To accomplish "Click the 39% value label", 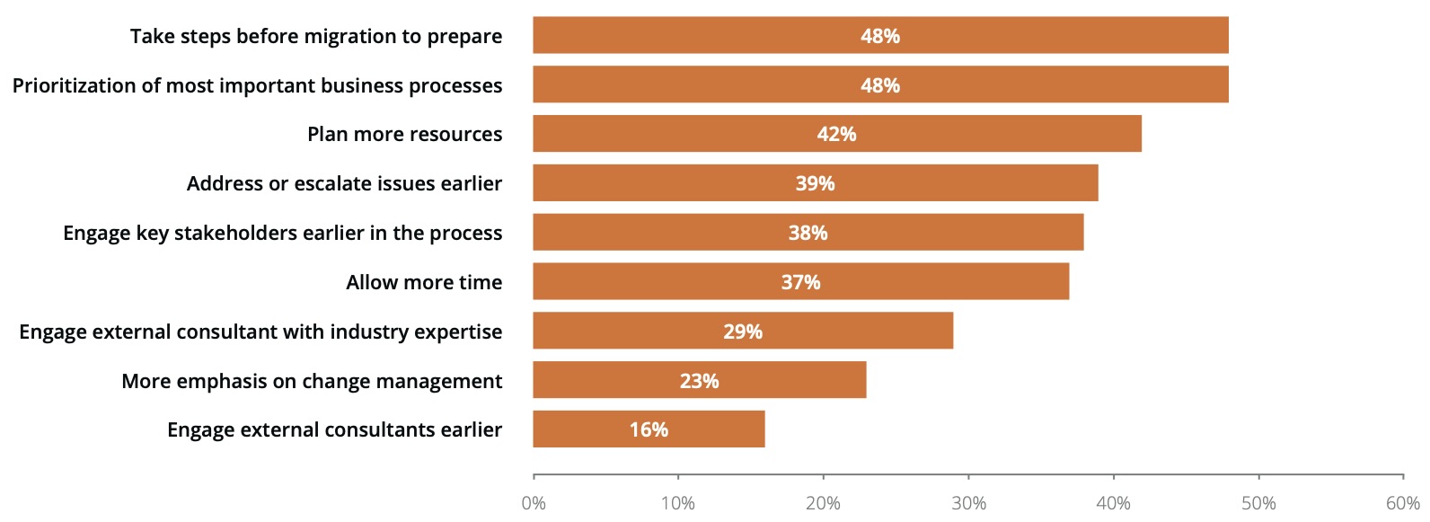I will (x=815, y=183).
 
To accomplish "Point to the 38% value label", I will (x=808, y=233).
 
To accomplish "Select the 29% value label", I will (x=743, y=332).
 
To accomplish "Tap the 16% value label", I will (x=649, y=429).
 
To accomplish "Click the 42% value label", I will (x=836, y=134).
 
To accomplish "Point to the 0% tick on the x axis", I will (x=534, y=503).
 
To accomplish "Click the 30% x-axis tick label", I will (x=968, y=503).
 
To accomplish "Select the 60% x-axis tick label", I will (x=1403, y=503).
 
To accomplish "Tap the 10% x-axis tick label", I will (x=678, y=503).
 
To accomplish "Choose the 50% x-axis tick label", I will (x=1258, y=503).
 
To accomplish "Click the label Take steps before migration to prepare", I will (x=316, y=36).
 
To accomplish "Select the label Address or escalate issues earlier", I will (x=344, y=183).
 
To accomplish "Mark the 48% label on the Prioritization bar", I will (x=880, y=85).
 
